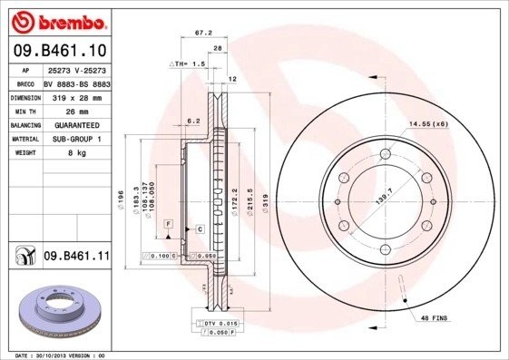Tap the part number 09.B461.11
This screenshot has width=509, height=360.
point(77,257)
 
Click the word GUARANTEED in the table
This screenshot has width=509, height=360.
point(71,124)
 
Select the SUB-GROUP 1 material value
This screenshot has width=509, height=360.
point(71,139)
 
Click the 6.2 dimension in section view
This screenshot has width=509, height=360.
point(192,120)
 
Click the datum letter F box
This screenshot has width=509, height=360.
point(168,222)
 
